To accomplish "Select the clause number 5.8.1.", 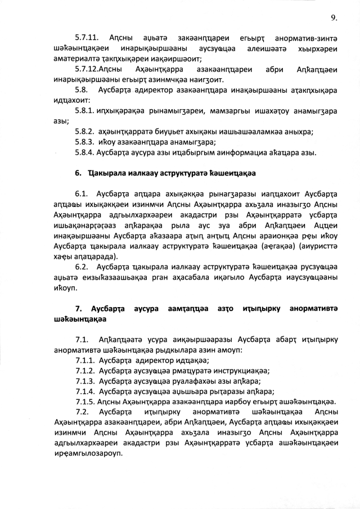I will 85,111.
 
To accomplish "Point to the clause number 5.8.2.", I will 85,131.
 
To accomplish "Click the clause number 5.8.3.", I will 85,142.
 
